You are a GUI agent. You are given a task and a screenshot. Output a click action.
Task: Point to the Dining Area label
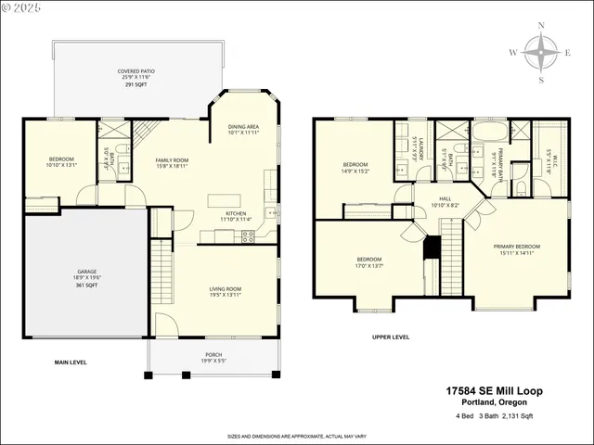pyautogui.click(x=243, y=129)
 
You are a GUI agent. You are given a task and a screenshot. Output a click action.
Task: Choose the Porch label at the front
pyautogui.click(x=213, y=357)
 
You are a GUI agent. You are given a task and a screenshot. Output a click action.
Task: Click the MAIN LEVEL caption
pyautogui.click(x=71, y=362)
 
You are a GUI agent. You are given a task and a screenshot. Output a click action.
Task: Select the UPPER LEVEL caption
pyautogui.click(x=390, y=337)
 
